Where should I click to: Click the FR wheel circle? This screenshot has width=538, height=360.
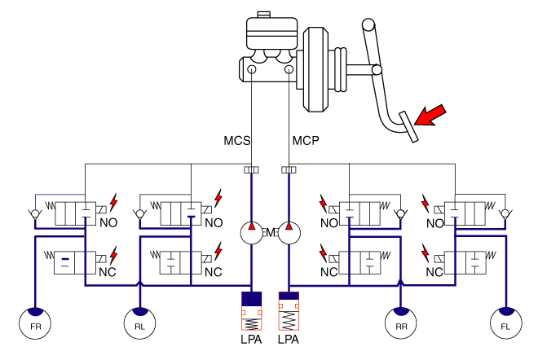tap(35, 323)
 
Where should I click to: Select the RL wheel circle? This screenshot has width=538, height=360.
tap(140, 323)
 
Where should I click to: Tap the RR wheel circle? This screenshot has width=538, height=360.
tap(399, 323)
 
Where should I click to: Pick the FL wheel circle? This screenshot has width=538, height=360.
tap(505, 323)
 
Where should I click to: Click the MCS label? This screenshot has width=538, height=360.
tap(239, 141)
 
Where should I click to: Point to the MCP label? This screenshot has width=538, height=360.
tap(306, 141)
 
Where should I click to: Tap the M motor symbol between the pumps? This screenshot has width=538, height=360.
tap(270, 233)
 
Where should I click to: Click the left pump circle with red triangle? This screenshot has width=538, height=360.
tap(251, 232)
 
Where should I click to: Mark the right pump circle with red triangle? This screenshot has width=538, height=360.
tap(289, 232)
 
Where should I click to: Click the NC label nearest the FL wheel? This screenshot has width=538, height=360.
tap(434, 271)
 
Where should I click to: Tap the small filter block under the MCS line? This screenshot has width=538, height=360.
tap(251, 170)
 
